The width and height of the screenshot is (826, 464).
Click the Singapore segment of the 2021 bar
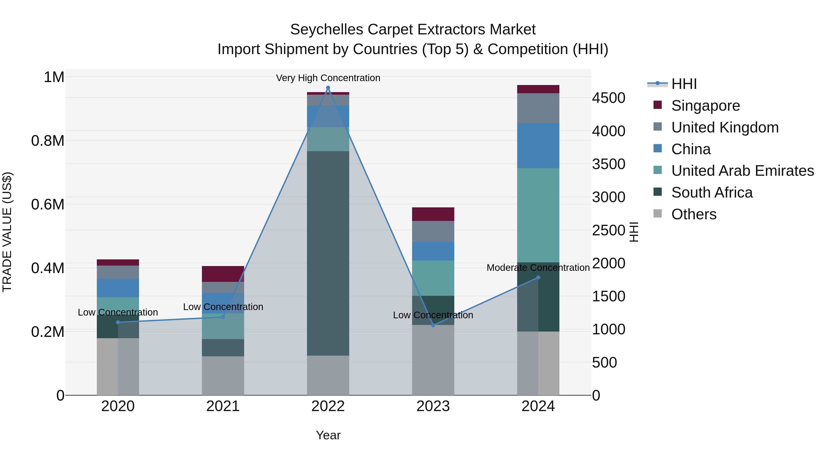[223, 274]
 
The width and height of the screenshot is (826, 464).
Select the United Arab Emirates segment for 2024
[538, 215]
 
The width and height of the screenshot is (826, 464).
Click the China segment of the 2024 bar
[538, 146]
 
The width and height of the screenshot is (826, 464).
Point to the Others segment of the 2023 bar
[433, 360]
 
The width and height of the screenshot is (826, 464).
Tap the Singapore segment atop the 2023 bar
[433, 214]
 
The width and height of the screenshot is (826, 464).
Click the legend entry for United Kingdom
[725, 127]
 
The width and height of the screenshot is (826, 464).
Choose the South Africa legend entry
[712, 192]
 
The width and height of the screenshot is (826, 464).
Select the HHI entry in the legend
[684, 84]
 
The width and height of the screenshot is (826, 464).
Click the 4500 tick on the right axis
[608, 98]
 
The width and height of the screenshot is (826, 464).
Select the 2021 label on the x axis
[223, 406]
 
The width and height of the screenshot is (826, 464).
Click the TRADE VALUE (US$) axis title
[7, 232]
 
